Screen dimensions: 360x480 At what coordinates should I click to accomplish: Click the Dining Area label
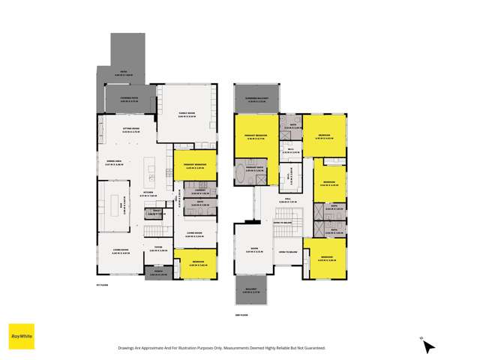point(115,162)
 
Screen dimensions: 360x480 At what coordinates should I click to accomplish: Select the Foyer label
point(158,248)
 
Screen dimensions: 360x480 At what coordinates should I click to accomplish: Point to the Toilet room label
point(155,212)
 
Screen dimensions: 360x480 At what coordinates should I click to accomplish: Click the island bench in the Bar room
point(118,203)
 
